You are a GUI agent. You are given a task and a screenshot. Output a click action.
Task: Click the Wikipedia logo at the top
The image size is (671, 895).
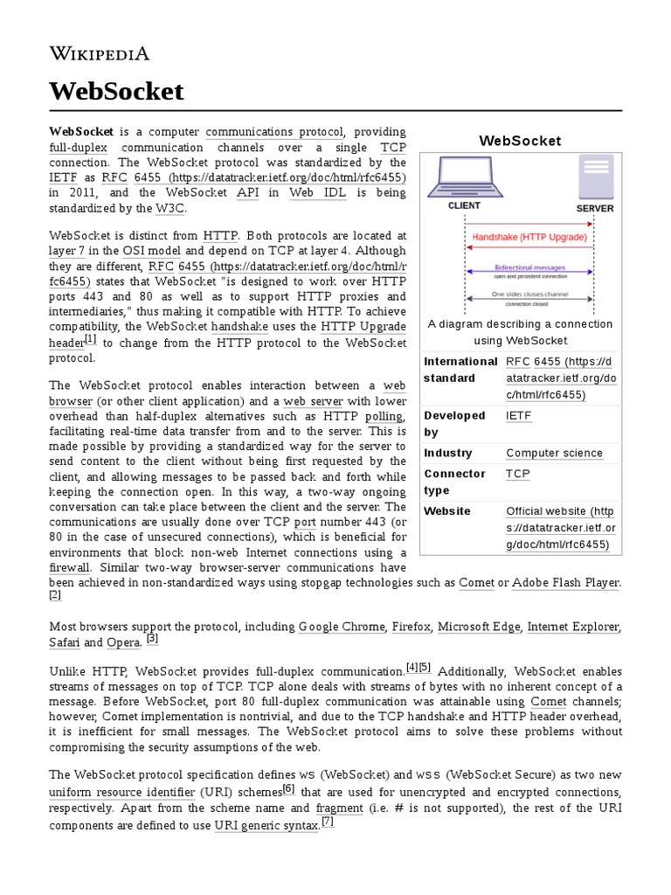pyautogui.click(x=99, y=54)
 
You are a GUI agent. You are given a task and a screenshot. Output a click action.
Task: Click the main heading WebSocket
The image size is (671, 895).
pyautogui.click(x=116, y=91)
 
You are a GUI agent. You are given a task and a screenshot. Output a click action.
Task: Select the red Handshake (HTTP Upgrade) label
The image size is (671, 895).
pyautogui.click(x=529, y=237)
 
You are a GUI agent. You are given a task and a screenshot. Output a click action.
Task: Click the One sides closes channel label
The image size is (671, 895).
pyautogui.click(x=529, y=295)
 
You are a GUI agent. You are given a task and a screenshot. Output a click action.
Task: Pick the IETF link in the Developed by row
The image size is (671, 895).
pyautogui.click(x=518, y=416)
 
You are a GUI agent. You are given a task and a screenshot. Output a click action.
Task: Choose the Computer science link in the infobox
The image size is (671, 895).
pyautogui.click(x=554, y=453)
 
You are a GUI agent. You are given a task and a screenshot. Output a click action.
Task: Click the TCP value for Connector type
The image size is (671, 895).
pyautogui.click(x=517, y=474)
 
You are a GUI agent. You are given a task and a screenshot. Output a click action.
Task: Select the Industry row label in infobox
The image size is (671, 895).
pyautogui.click(x=447, y=453)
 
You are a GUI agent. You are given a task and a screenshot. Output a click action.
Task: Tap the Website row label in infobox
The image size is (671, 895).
pyautogui.click(x=446, y=511)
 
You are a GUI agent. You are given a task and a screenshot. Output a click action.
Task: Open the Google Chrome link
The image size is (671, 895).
pyautogui.click(x=342, y=627)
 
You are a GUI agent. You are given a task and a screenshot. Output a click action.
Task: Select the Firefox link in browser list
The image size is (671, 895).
pyautogui.click(x=412, y=627)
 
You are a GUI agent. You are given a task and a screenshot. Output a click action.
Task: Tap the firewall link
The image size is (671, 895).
pyautogui.click(x=69, y=568)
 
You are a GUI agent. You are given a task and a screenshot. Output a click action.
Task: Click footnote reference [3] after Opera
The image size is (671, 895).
pyautogui.click(x=152, y=639)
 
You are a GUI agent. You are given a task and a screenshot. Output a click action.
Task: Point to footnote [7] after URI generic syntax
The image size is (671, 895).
pyautogui.click(x=327, y=822)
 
